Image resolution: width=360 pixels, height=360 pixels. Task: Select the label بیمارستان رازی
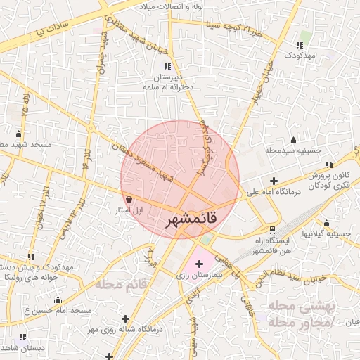tap(198, 277)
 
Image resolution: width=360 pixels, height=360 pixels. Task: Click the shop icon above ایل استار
tap(129, 199)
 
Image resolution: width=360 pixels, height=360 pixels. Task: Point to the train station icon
tap(273, 231)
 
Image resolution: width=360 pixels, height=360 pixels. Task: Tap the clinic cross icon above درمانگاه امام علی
tap(274, 181)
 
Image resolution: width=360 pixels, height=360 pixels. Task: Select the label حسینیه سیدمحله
tap(293, 150)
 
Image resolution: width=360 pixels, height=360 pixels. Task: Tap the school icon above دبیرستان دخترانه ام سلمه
tap(167, 66)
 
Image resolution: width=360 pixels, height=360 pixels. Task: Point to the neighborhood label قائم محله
tap(120, 284)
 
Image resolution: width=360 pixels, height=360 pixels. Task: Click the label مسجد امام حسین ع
tap(63, 309)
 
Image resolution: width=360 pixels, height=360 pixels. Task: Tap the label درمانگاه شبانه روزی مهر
tap(126, 328)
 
